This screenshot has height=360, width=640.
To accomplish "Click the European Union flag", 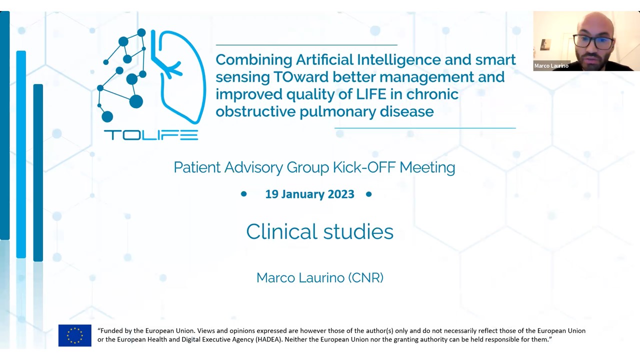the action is point(75,335).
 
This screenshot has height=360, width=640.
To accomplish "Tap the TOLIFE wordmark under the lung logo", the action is point(151,135).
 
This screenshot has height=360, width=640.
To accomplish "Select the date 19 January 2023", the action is point(309,194).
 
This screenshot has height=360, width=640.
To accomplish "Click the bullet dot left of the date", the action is point(243,194).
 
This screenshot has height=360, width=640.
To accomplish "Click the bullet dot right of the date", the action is point(369,194).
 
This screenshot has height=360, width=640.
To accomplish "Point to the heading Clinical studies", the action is point(319,231).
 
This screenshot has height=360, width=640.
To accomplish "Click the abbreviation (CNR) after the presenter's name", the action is point(365,277).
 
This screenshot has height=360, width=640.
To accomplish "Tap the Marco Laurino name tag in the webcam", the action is point(551,65).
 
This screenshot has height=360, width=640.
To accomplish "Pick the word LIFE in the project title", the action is point(371,94).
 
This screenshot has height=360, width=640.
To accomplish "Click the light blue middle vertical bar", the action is point(21,154).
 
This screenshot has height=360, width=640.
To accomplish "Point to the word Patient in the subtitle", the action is point(197,167).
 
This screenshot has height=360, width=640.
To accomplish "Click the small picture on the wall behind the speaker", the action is point(545,45).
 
